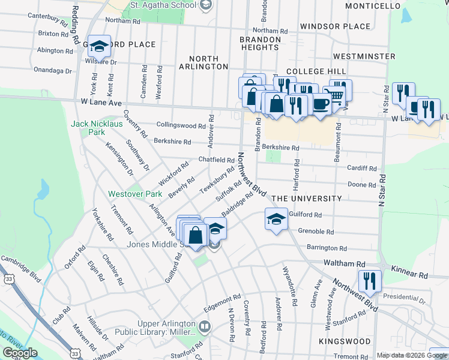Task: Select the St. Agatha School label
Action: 163,5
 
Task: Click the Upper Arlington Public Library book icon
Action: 205,328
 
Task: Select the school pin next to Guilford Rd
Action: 276,219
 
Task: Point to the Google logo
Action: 20,352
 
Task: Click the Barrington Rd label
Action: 327,248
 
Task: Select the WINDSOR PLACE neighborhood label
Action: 335,26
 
